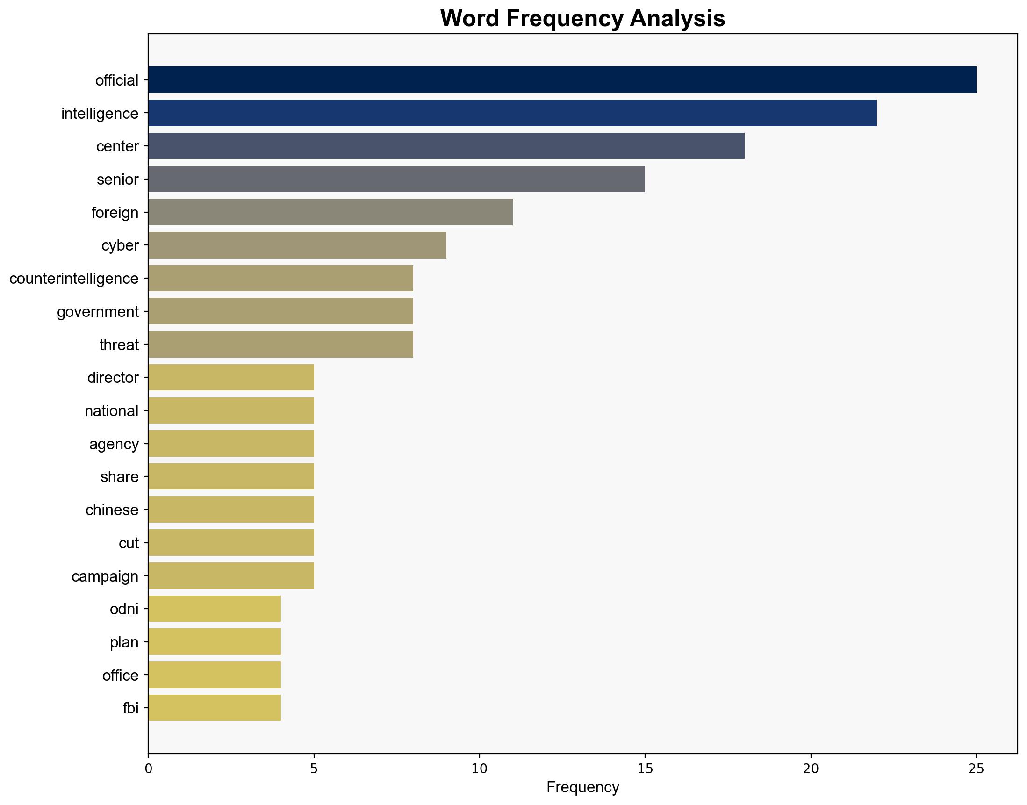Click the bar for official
562,79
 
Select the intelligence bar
512,113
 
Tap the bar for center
446,146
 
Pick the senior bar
396,179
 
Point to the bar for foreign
330,212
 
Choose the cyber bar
297,245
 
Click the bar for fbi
215,708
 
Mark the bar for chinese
231,510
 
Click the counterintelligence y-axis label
74,279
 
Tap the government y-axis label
98,311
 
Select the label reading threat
119,345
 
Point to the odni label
124,609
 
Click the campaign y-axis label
105,576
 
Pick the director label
113,378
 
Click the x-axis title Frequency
582,787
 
